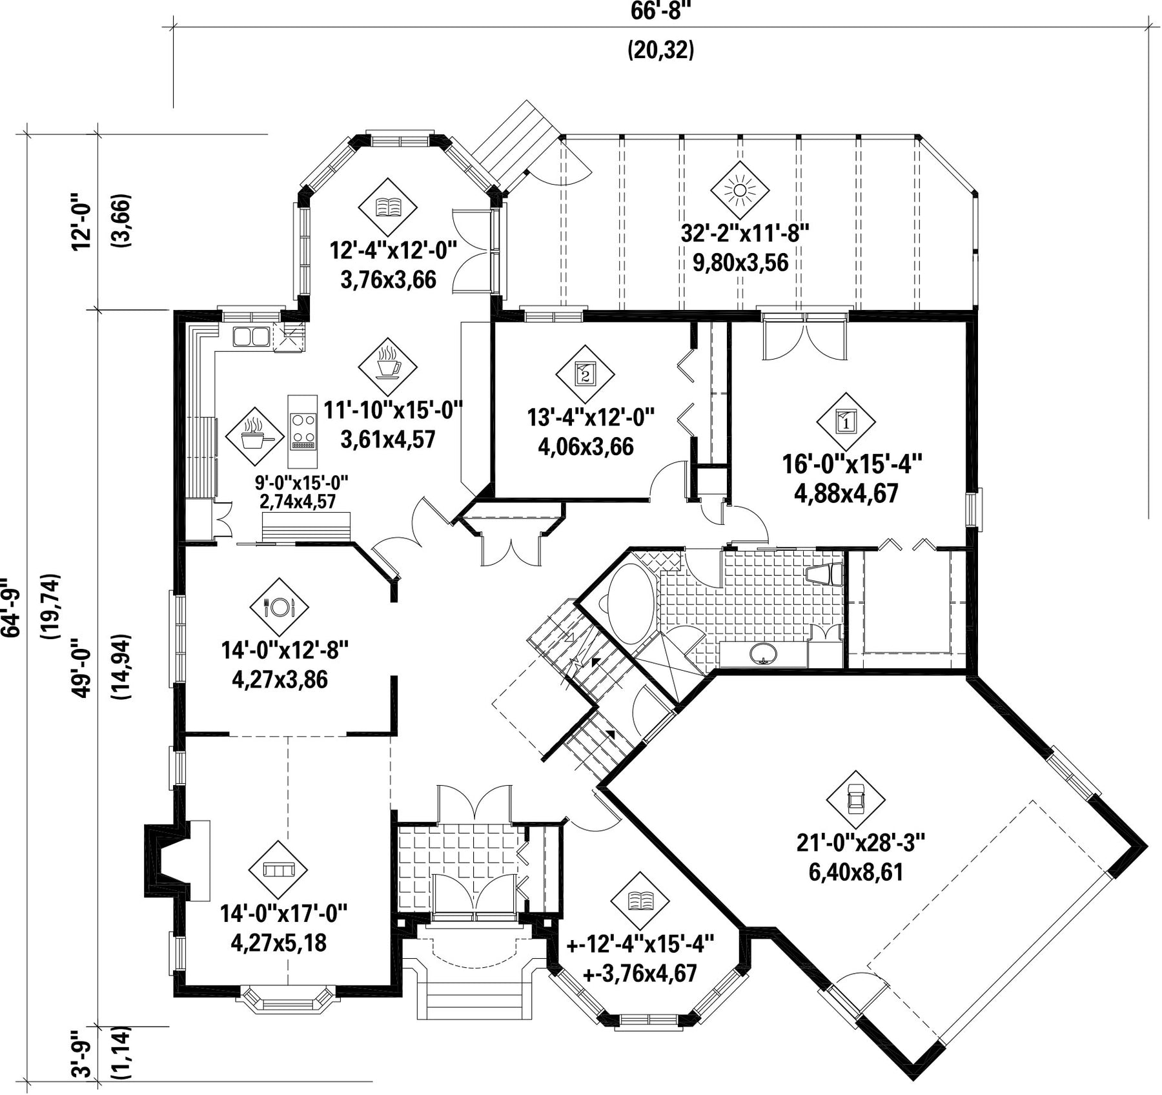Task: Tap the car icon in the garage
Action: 855,800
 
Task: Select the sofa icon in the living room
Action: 279,870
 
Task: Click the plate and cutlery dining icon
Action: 279,606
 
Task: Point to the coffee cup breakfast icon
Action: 387,367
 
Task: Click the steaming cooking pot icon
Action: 255,436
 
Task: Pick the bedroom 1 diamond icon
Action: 846,422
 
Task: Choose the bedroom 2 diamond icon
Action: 585,374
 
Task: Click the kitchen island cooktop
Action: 303,431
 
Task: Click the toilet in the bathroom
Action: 826,574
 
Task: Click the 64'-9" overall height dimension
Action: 12,608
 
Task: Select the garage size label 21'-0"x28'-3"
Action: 861,843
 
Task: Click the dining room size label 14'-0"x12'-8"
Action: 285,650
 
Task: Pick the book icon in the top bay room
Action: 387,207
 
